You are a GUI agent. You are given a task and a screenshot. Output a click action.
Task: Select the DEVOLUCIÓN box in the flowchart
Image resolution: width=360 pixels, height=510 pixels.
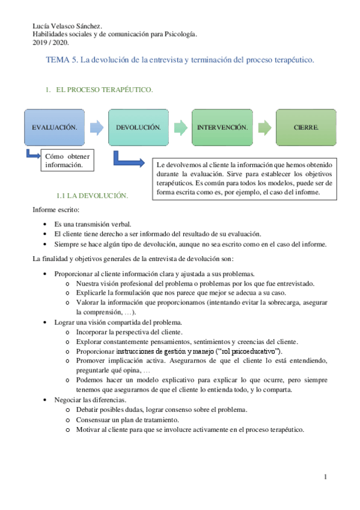[x=138, y=127]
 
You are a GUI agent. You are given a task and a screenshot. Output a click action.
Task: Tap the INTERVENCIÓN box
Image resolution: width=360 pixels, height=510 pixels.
[x=222, y=127]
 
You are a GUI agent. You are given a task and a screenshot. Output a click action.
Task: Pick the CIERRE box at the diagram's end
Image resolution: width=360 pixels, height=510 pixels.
[x=306, y=127]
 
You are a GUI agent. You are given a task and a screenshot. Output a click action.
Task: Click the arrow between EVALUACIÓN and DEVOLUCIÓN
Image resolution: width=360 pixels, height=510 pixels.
[x=96, y=127]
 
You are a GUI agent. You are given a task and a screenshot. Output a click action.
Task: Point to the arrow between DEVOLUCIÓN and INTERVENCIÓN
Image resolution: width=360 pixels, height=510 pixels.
[x=180, y=127]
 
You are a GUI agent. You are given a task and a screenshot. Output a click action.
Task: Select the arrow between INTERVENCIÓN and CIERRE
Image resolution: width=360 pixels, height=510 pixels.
[x=264, y=127]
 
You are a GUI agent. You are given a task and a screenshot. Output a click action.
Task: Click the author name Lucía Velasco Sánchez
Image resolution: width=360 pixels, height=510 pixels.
[x=67, y=26]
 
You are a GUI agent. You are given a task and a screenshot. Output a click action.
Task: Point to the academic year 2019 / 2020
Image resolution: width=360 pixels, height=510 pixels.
[x=50, y=43]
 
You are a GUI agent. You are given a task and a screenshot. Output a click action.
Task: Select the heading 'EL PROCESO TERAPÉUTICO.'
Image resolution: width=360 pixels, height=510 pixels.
[x=104, y=90]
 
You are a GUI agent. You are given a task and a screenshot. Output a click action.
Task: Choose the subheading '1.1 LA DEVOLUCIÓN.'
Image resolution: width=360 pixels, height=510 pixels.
[x=92, y=195]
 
